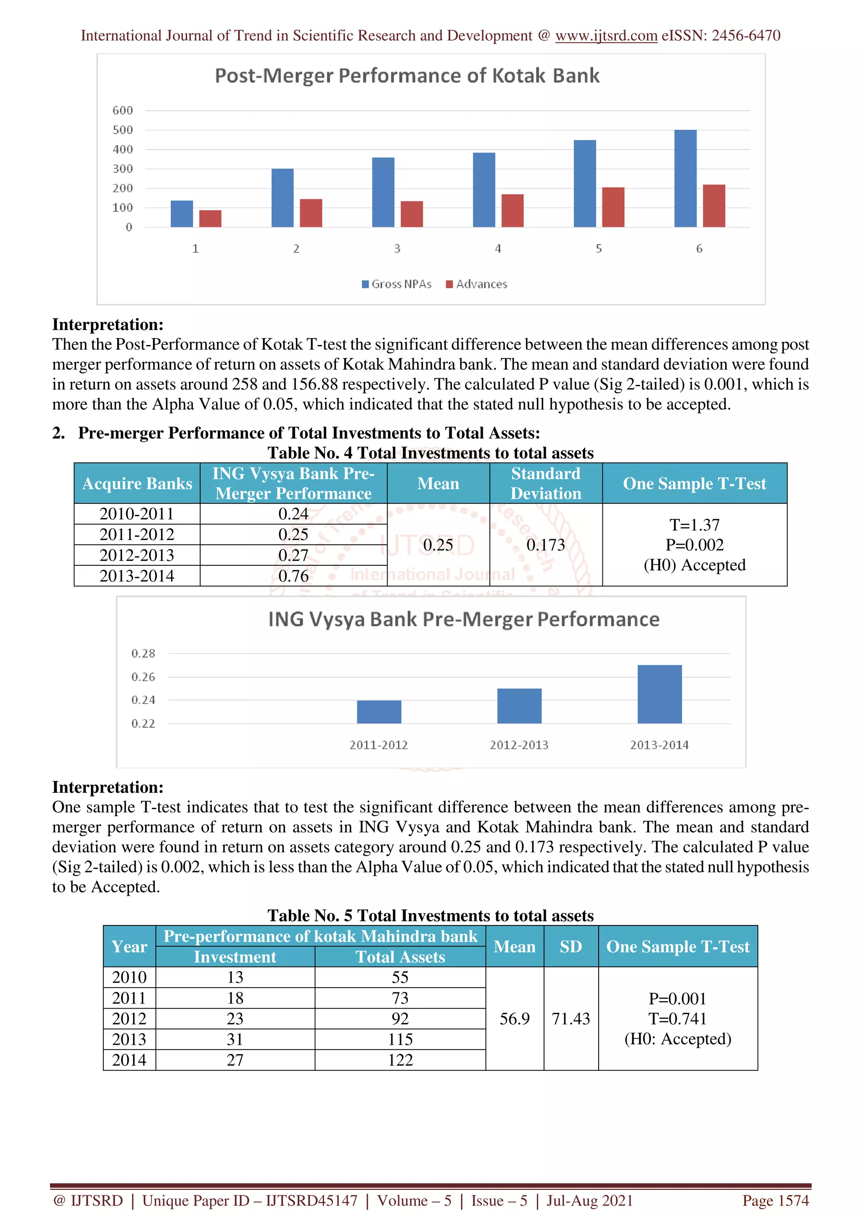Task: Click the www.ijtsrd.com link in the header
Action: (x=606, y=36)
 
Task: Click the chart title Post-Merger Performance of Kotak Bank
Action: (x=407, y=76)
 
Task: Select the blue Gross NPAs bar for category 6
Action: (x=685, y=178)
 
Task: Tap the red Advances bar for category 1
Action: (x=210, y=219)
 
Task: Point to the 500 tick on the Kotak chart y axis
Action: (x=122, y=130)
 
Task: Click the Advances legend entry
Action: (x=476, y=285)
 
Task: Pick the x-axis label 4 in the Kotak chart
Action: (x=498, y=249)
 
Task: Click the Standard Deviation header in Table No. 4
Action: (x=545, y=483)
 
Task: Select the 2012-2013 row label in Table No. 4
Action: (x=137, y=555)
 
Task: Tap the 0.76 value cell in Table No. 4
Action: (x=293, y=575)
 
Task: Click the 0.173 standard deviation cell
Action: (x=545, y=545)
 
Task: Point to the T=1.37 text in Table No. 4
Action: (x=694, y=525)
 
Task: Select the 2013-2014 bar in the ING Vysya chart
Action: (x=659, y=694)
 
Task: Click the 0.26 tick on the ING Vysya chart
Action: (x=143, y=677)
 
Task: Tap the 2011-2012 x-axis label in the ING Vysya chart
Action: (x=378, y=745)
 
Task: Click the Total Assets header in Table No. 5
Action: (x=400, y=957)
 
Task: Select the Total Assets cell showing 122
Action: (x=400, y=1060)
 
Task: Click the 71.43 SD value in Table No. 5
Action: (x=570, y=1018)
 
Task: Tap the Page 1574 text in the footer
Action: (x=775, y=1200)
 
